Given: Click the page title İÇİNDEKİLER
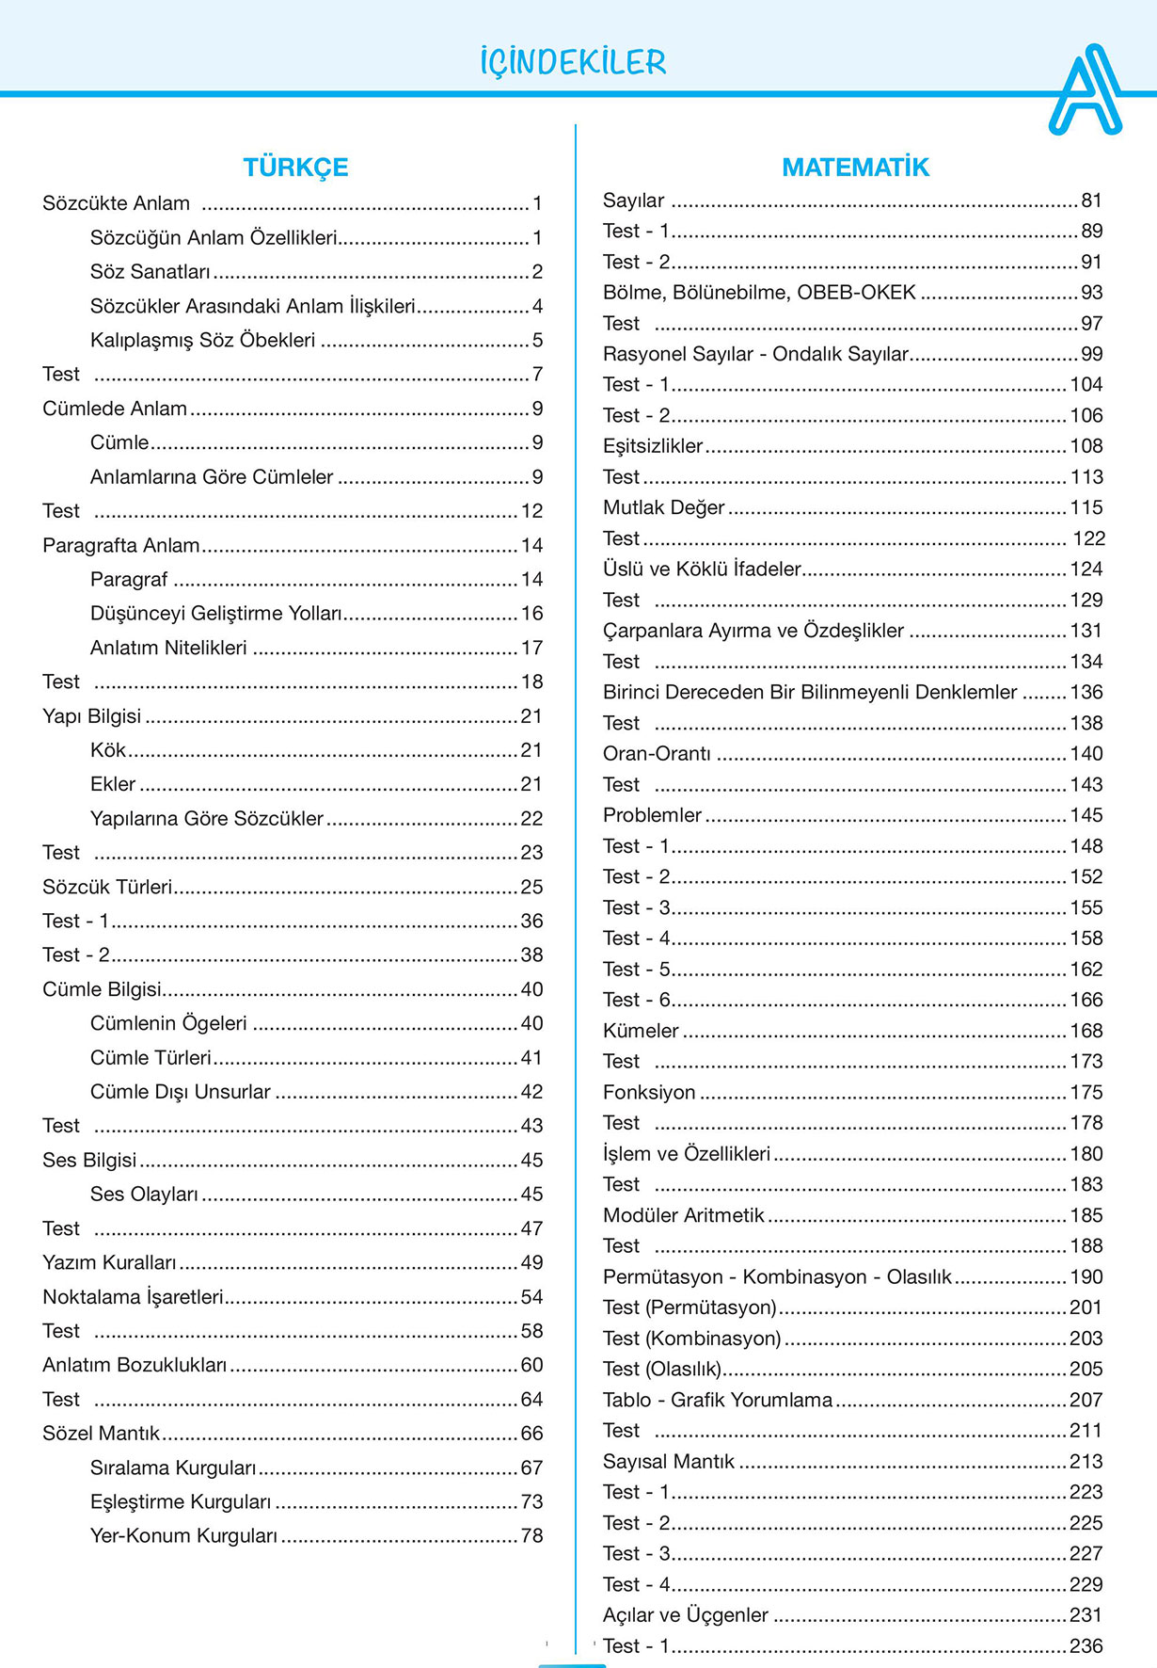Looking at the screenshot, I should click(572, 62).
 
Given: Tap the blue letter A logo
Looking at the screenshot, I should click(1086, 90).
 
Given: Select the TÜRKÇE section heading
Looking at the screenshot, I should click(295, 168).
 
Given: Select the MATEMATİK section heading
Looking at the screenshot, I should click(855, 168).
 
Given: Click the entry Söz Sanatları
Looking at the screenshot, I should click(151, 272).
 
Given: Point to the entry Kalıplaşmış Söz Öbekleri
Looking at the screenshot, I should click(202, 340).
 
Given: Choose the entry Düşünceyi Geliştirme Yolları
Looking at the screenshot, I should click(215, 614).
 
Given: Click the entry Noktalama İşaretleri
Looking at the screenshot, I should click(133, 1297).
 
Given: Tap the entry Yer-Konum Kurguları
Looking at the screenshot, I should click(183, 1536).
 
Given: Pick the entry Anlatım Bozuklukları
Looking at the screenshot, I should click(135, 1365).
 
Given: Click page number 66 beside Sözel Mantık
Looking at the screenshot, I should click(531, 1434).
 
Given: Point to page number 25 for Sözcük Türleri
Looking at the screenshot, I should click(531, 887).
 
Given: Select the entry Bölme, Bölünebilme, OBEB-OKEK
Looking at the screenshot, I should click(759, 293).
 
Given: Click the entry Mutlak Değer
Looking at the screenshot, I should click(663, 507).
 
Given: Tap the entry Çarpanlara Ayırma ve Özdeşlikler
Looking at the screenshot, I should click(753, 631).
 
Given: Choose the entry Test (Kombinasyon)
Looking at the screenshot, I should click(691, 1339).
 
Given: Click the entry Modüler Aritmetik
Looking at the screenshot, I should click(683, 1215).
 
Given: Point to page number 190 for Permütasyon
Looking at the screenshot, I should click(1086, 1277).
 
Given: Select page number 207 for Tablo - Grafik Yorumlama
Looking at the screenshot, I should click(1086, 1400).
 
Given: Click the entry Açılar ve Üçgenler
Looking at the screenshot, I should click(685, 1615).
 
